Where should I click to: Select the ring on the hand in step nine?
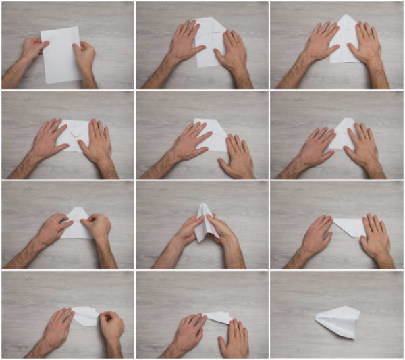click(x=380, y=230)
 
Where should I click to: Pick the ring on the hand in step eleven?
click(x=240, y=333)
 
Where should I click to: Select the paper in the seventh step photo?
click(x=76, y=226)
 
